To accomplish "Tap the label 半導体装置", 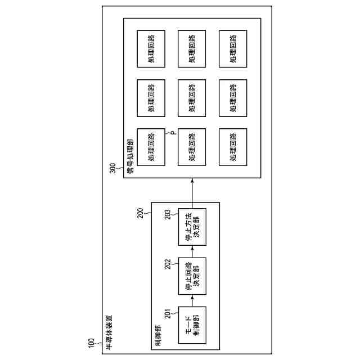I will coord(109,332).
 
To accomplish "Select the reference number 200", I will coord(141,214).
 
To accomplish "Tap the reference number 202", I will coord(168,264).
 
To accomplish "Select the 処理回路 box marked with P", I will coord(151,147).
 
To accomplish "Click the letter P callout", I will coord(172,134).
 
